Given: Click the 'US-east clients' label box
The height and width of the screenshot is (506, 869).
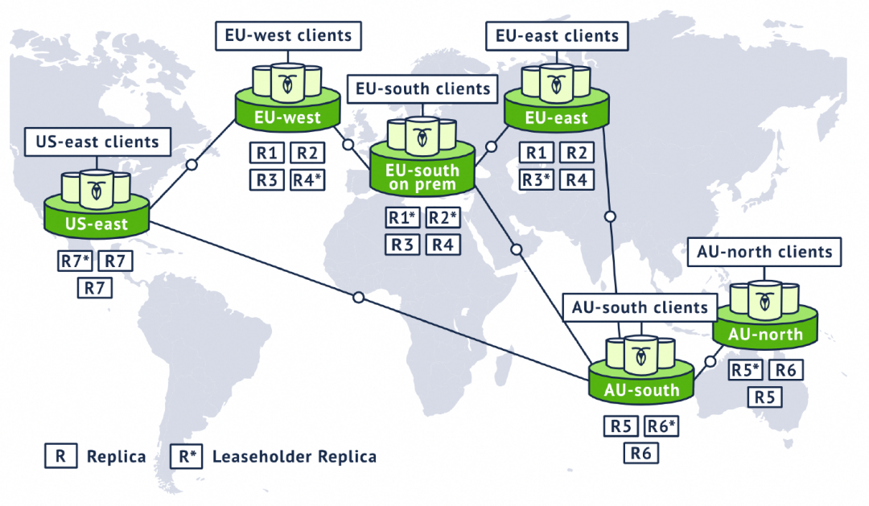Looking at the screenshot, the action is click(97, 142).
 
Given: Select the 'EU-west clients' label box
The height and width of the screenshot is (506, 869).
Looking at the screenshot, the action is click(288, 36).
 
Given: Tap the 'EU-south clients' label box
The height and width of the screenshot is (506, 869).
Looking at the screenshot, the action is click(423, 88).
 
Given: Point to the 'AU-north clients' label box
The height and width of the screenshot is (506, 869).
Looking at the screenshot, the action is click(764, 252).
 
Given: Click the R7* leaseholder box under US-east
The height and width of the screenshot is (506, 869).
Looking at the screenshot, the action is click(75, 261).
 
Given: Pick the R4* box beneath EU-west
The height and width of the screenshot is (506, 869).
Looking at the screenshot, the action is click(307, 180).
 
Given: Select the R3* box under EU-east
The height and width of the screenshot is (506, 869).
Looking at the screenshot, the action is click(537, 179).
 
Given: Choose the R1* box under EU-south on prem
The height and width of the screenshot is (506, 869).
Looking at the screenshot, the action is click(402, 218).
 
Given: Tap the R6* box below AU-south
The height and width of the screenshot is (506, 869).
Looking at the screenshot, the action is click(661, 426).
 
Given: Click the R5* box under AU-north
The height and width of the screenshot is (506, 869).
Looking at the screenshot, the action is click(745, 370).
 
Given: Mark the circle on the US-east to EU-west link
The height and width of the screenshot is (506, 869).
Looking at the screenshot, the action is click(192, 165).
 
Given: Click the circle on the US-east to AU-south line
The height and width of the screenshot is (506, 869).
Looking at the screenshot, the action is click(359, 298).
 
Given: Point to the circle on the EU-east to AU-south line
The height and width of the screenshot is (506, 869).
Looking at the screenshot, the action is click(610, 216).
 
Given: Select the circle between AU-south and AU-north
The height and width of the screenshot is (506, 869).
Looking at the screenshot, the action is click(710, 362).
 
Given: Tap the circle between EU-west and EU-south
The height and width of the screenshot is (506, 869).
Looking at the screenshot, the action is click(348, 145).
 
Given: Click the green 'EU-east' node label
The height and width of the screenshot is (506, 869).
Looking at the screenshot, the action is click(557, 118).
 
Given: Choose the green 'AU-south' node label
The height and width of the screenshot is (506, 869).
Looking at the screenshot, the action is click(641, 390).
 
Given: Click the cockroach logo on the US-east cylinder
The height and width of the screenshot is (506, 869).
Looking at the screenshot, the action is click(97, 191).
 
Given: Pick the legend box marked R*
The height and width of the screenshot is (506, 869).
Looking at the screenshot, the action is click(187, 456).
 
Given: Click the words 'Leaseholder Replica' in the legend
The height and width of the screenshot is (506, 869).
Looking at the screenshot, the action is click(294, 457).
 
